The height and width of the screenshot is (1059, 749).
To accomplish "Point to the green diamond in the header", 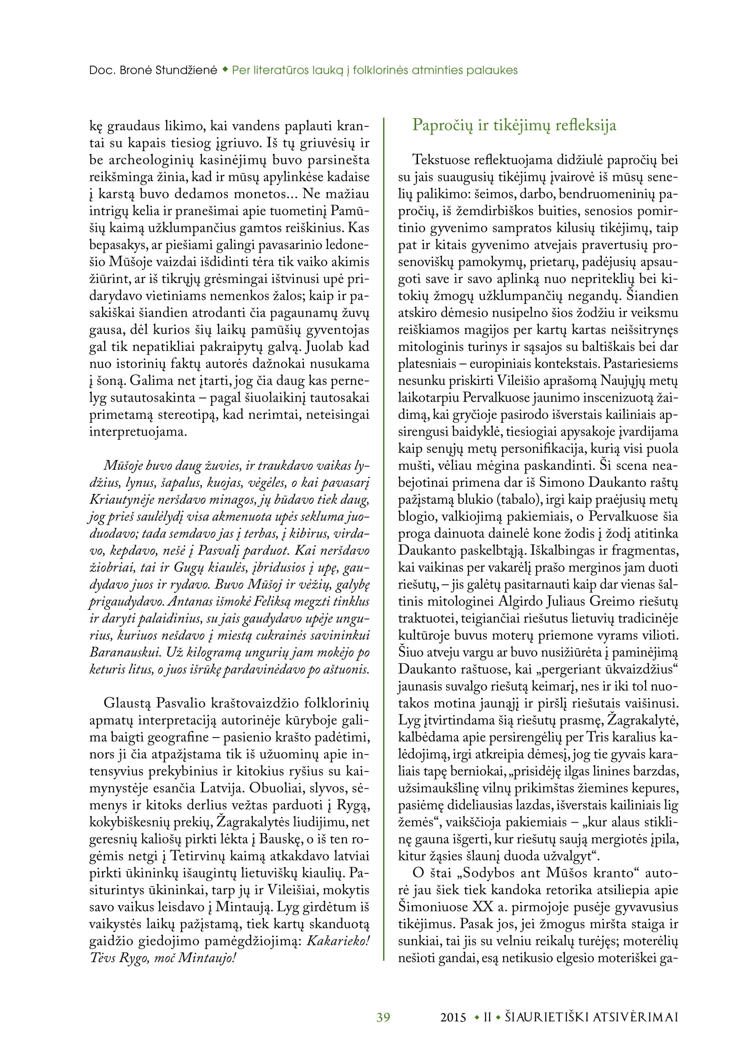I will tap(225, 70).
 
